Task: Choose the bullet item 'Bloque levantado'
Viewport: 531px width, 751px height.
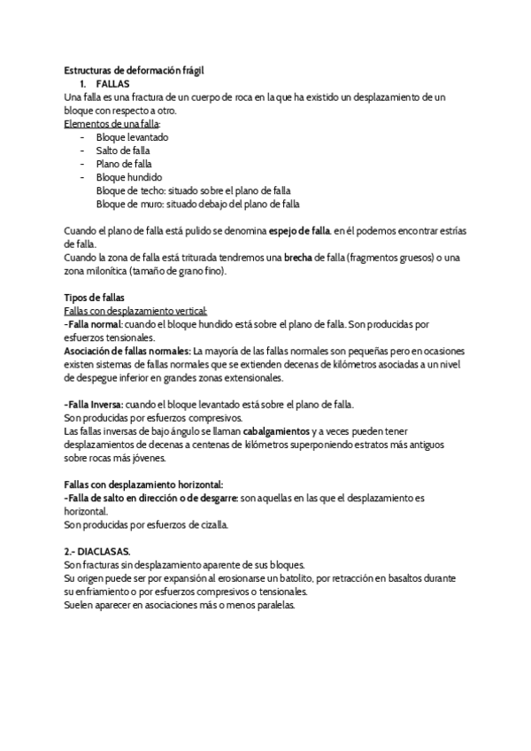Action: tap(132, 137)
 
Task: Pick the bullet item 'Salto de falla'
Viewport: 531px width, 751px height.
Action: tap(123, 151)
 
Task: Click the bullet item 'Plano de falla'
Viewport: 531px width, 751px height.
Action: tap(124, 164)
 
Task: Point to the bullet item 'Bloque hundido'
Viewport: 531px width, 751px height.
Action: tap(129, 177)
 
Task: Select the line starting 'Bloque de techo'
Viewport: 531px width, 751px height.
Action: tap(193, 190)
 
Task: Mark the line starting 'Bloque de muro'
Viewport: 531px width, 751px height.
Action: tap(197, 203)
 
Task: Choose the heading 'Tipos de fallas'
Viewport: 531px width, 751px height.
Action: tap(95, 297)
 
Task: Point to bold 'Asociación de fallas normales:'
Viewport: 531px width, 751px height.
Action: tap(127, 351)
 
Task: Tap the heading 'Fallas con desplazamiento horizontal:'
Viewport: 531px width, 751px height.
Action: tap(143, 484)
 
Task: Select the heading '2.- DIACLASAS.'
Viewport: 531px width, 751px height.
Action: tap(97, 551)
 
